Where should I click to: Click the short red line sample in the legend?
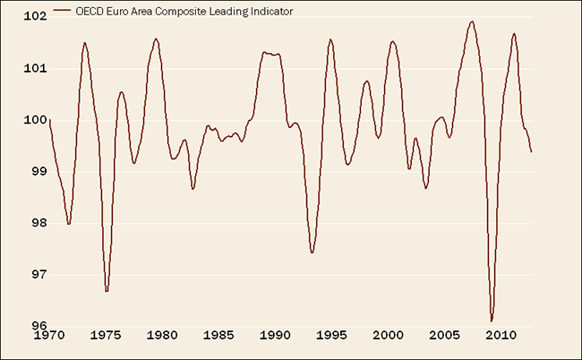point(63,11)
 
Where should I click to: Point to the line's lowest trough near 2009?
point(492,320)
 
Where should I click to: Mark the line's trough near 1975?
point(107,290)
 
